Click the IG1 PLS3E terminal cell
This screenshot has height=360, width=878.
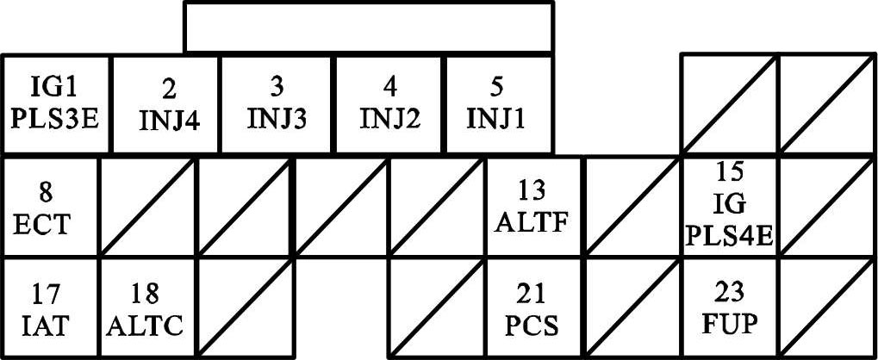56,105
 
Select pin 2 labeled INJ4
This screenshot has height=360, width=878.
168,105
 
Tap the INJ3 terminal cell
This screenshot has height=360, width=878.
277,105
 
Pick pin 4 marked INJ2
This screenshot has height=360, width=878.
389,105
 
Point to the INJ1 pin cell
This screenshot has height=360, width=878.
498,105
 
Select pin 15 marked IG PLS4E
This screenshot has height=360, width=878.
730,207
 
